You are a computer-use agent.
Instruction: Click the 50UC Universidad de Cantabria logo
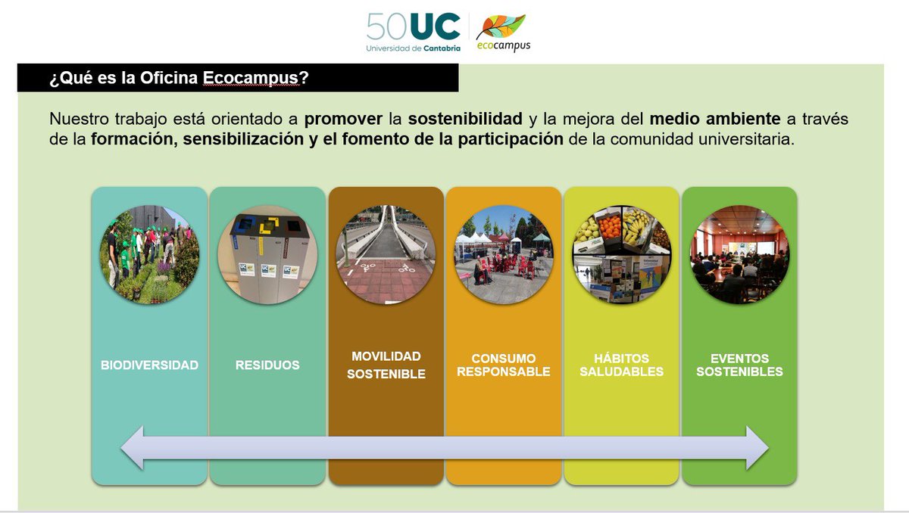point(413,33)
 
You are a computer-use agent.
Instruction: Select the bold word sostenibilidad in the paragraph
point(465,119)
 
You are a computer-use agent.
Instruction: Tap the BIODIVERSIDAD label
point(149,365)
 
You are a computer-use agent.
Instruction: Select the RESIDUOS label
point(267,365)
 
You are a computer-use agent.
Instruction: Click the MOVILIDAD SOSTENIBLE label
point(386,365)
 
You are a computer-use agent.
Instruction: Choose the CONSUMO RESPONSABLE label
point(504,365)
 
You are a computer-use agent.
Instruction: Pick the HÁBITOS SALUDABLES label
point(622,365)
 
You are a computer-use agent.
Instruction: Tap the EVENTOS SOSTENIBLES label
point(739,365)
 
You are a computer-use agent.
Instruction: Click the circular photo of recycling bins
point(267,254)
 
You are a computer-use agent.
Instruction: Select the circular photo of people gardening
point(149,254)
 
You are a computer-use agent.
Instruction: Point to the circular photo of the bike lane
point(386,254)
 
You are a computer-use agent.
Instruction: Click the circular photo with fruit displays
point(622,254)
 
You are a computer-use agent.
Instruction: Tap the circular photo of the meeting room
point(739,254)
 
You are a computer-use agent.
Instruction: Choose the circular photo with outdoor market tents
point(504,254)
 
